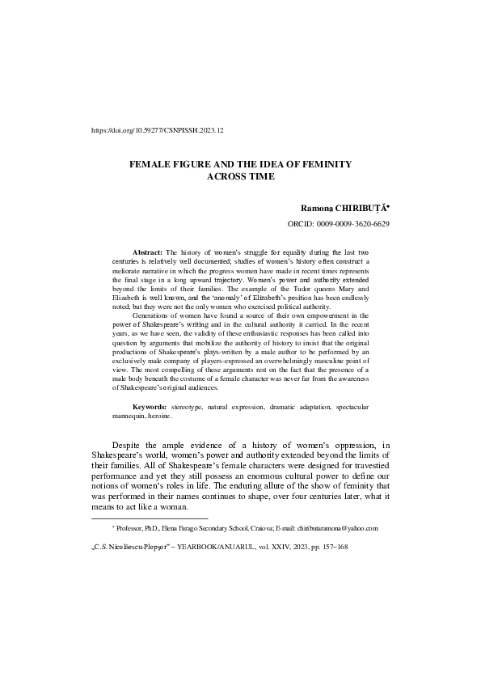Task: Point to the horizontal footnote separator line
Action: [x=150, y=518]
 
